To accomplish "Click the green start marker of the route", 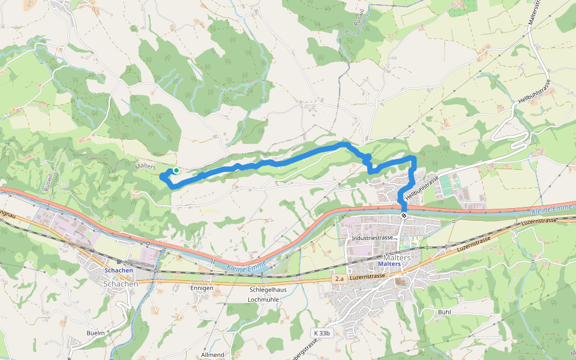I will point(176,170).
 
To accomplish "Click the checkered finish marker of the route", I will point(404,215).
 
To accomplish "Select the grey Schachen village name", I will point(121,284).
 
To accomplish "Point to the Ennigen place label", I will point(202,288).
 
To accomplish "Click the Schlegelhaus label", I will point(268,290).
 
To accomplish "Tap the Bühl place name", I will point(444,312).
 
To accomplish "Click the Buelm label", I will point(95,332).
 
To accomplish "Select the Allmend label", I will point(212,355).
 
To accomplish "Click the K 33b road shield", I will point(321,333).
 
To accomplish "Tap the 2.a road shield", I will point(340,279).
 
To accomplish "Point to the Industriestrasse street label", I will point(372,239).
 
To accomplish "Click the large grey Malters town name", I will point(397,257).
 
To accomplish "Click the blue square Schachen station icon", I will point(119,262).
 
